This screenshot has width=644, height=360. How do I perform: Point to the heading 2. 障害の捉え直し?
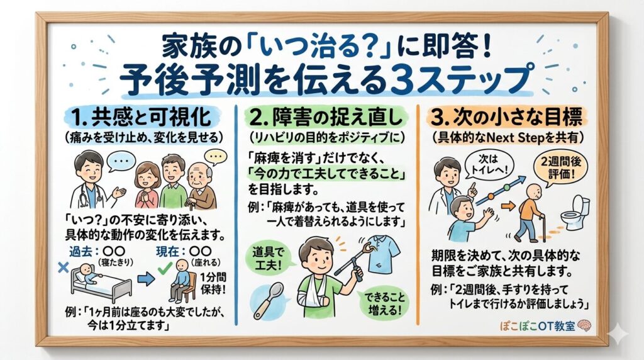(319, 117)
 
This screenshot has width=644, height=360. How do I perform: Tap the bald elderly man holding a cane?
(201, 183)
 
